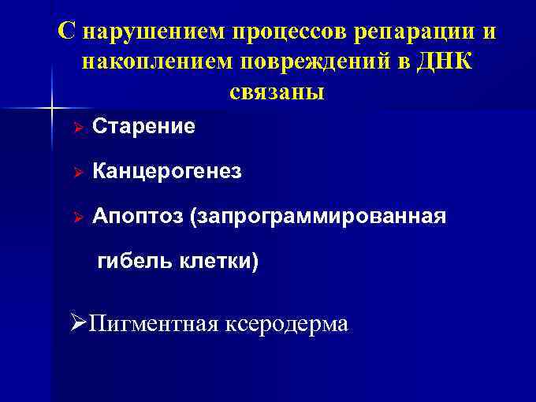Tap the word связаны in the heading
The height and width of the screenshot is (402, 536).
pos(277,91)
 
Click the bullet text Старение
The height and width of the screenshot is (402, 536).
pos(143,127)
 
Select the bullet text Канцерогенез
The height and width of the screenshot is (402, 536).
pos(167,172)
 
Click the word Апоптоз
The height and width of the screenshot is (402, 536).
pos(136,216)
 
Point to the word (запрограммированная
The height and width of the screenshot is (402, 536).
pos(317,217)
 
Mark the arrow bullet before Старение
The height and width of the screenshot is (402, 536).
pos(76,127)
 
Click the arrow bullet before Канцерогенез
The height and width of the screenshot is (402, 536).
pos(76,172)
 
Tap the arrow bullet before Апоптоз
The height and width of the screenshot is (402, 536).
pos(76,217)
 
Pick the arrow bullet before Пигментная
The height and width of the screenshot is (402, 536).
pos(76,323)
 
